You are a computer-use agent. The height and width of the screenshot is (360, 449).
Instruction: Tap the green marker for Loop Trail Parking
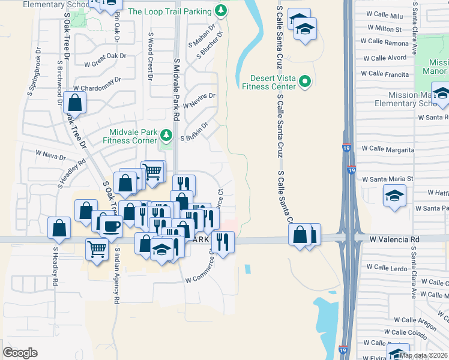coord(221,10)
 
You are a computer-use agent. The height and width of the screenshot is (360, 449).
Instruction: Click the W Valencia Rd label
coord(394,239)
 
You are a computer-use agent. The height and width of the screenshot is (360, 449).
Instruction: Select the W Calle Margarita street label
coord(387,149)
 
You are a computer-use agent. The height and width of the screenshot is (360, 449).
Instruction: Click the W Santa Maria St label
coord(391,179)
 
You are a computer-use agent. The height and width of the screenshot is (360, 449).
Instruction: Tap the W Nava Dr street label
coord(50,155)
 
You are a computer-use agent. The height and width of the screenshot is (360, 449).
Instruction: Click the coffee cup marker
coord(111,226)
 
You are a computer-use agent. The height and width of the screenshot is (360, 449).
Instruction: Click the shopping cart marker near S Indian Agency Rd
coord(97,248)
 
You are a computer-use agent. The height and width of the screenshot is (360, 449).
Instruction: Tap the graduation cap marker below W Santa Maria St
coord(394,196)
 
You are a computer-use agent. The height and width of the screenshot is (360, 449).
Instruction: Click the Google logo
coord(20,353)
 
